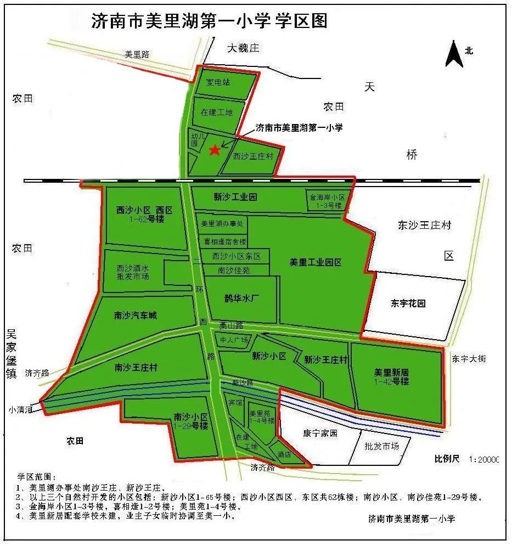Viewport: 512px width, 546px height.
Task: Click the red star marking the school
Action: click(x=215, y=149)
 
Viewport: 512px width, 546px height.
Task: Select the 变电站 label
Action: click(x=217, y=82)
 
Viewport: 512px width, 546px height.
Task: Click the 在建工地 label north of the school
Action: click(x=216, y=112)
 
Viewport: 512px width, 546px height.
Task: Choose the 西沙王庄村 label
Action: click(x=253, y=156)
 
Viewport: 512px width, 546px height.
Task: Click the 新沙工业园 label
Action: click(x=235, y=196)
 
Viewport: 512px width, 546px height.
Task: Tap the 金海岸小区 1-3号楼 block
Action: click(x=327, y=201)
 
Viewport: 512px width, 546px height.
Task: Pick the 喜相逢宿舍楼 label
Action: click(x=225, y=241)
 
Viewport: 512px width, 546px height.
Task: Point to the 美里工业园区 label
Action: click(x=316, y=262)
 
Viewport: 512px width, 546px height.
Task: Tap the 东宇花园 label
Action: click(x=408, y=303)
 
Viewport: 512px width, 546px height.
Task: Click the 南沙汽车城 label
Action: click(x=135, y=316)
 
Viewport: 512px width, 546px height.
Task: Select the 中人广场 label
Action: click(x=234, y=339)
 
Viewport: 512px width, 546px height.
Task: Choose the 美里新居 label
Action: click(x=391, y=373)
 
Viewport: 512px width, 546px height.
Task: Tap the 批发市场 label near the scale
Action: click(x=381, y=446)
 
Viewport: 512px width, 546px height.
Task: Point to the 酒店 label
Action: click(x=284, y=455)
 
